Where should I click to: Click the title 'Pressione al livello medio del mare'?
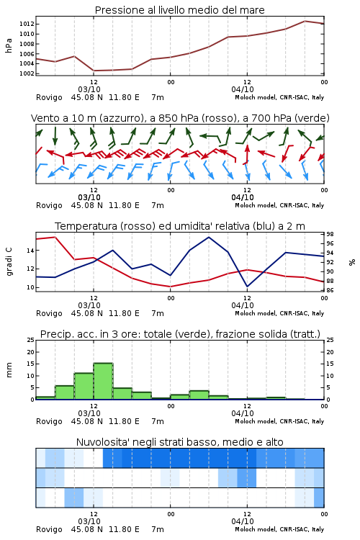tap(179, 10)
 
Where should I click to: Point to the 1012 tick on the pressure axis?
tap(27, 24)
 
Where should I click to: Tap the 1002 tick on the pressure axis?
tap(27, 73)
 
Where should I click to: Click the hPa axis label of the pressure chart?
tap(9, 45)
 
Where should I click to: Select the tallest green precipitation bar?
tap(104, 381)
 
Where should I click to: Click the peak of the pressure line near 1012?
tap(305, 21)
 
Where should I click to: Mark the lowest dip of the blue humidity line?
tap(248, 287)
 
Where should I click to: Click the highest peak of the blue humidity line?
tap(209, 237)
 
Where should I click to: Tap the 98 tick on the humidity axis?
tap(330, 234)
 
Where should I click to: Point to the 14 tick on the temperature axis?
tap(30, 251)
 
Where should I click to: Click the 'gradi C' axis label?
tap(9, 261)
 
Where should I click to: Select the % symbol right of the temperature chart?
tap(352, 262)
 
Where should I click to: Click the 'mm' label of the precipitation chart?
tap(9, 369)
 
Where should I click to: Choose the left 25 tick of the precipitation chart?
tap(30, 340)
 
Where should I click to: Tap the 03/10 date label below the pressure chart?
tap(89, 89)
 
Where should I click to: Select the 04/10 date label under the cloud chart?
tap(243, 521)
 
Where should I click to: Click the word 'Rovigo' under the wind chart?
tap(49, 206)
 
